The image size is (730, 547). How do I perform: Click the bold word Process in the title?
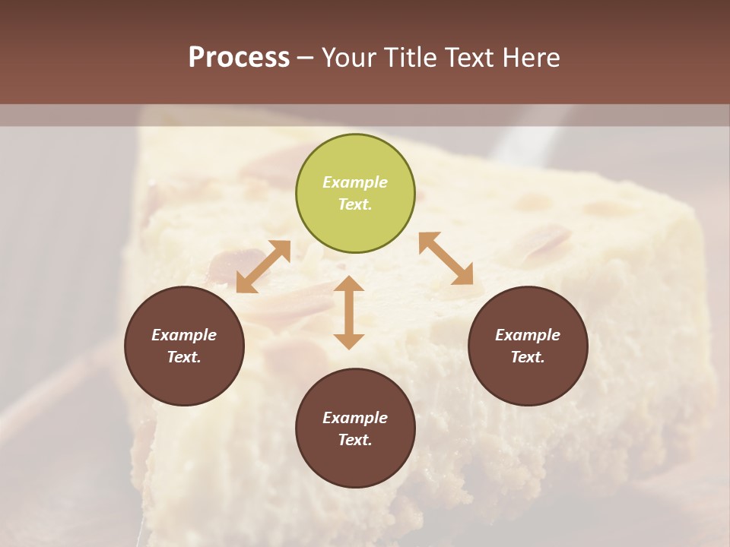(x=239, y=58)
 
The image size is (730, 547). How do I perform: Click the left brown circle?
(x=184, y=346)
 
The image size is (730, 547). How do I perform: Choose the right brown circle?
(x=528, y=346)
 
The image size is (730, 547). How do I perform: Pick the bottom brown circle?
(x=355, y=428)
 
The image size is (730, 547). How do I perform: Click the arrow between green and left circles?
(x=263, y=267)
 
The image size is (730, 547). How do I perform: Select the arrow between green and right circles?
(x=446, y=259)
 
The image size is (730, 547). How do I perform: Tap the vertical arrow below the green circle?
(x=349, y=312)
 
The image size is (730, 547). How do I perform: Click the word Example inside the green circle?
(x=355, y=182)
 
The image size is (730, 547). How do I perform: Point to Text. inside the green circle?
(x=355, y=204)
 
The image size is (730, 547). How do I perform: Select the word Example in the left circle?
(x=184, y=335)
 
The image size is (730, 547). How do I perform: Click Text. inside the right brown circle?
(x=528, y=357)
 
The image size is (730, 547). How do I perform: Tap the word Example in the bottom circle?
(x=355, y=418)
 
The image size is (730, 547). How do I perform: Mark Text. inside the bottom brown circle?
(x=355, y=440)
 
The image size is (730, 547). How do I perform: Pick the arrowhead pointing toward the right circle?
(x=463, y=276)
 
